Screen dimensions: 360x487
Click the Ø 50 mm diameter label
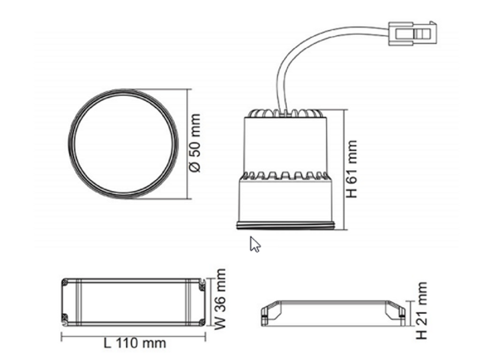tap(195, 143)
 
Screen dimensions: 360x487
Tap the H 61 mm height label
tap(352, 169)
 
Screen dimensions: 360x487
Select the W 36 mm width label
tap(220, 300)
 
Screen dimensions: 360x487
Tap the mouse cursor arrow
tap(254, 244)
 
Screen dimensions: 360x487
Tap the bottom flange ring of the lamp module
tap(286, 225)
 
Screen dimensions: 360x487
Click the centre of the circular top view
tap(123, 143)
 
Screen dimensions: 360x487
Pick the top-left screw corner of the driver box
tap(65, 282)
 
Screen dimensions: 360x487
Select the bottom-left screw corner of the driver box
tap(65, 319)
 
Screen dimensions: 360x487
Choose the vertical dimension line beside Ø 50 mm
tap(188, 143)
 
